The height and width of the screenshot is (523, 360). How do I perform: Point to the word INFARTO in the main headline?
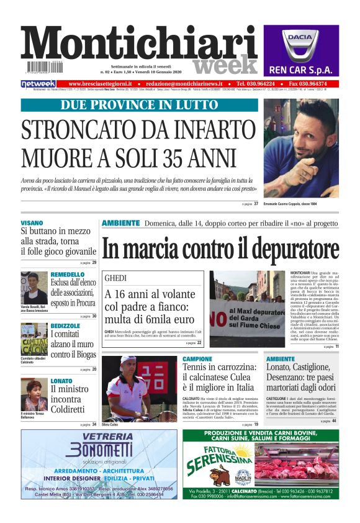coord(200,131)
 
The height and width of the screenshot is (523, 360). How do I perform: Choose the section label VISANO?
coord(32,222)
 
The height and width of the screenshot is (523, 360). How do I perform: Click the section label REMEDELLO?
coord(68,274)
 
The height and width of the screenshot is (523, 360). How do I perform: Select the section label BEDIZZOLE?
coord(65,325)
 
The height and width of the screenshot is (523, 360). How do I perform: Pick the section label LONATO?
coord(61,380)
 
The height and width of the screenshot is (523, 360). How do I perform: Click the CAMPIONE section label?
coord(198,359)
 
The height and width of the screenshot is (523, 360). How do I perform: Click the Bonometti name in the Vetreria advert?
coord(99,450)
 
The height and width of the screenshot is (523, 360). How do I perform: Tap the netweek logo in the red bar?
coord(38,83)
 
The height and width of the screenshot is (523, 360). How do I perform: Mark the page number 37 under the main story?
coord(256,204)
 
